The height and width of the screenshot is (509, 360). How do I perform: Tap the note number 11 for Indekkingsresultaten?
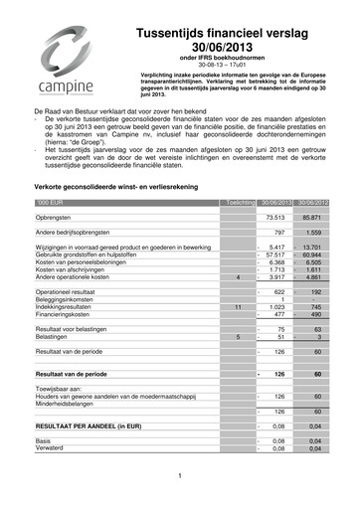[x=238, y=307]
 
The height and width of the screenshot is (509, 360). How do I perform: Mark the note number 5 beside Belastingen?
[x=239, y=337]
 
